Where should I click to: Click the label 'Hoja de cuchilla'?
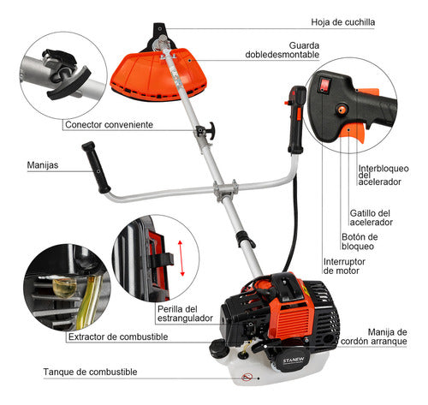click(x=342, y=22)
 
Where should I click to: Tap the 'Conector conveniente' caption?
click(x=109, y=125)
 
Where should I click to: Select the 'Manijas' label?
click(x=43, y=165)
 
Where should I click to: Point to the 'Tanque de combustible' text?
click(x=90, y=372)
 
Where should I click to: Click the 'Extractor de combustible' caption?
click(x=118, y=337)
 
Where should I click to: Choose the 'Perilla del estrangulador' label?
click(x=185, y=313)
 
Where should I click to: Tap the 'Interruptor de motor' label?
click(x=344, y=266)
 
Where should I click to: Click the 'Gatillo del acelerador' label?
click(x=372, y=217)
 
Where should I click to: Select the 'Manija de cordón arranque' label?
click(x=374, y=337)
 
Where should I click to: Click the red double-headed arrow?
click(x=181, y=258)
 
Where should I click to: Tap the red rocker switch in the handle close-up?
click(x=324, y=85)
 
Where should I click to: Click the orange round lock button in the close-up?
click(x=342, y=109)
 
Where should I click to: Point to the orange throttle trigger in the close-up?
click(x=354, y=132)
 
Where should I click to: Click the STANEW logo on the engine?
click(x=289, y=360)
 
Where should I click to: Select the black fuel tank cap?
click(x=218, y=348)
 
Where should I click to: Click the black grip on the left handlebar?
click(x=96, y=167)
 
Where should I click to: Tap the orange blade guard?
click(x=158, y=74)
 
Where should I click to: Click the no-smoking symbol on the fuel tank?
click(x=247, y=377)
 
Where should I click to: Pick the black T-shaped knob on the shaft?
click(x=206, y=131)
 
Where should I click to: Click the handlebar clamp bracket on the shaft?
click(x=226, y=190)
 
